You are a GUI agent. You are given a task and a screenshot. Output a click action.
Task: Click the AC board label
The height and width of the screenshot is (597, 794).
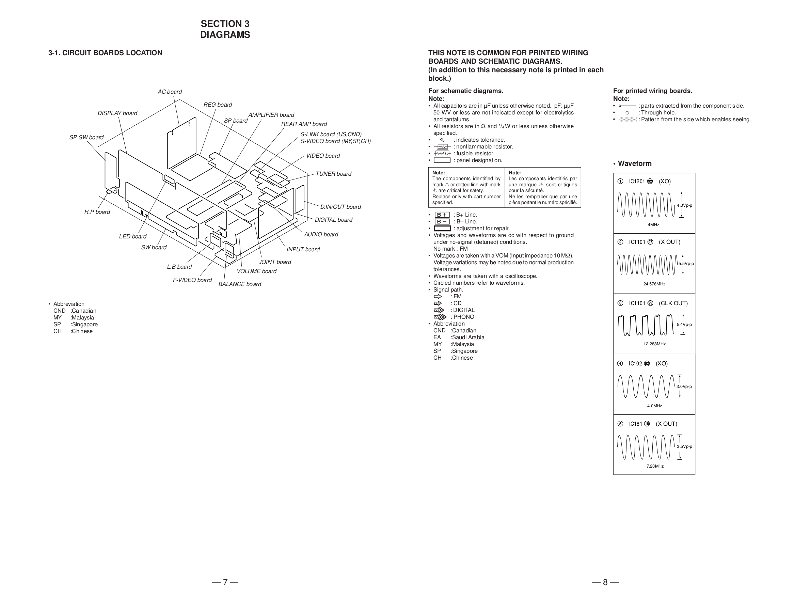(x=170, y=92)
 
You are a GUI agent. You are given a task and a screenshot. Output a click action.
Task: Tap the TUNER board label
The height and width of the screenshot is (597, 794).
(x=333, y=174)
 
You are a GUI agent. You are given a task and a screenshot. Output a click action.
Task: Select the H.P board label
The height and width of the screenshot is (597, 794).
(x=97, y=212)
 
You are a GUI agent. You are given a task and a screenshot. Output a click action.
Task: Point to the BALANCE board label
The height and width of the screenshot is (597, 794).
(x=239, y=284)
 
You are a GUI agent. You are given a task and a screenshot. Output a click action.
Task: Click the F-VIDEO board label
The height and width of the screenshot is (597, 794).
(x=192, y=280)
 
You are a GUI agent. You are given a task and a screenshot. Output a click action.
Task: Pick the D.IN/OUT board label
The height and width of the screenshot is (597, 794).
(x=340, y=207)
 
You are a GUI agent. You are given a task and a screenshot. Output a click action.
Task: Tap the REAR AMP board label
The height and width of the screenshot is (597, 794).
(x=304, y=124)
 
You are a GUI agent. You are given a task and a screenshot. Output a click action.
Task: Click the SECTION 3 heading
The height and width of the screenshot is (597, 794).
(x=225, y=24)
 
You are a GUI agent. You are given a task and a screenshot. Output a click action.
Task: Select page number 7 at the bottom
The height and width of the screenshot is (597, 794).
(x=225, y=582)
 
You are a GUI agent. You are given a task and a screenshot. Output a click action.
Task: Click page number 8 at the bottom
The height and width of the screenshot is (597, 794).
(x=605, y=582)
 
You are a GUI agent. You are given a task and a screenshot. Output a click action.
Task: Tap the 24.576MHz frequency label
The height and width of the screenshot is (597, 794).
(x=654, y=284)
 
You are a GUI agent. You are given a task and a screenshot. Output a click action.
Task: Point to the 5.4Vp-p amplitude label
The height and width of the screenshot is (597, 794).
(x=684, y=325)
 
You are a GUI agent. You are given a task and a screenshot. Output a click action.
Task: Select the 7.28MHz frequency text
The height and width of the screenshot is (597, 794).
(x=655, y=466)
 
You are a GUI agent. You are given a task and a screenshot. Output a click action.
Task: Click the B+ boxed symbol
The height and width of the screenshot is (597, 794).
(x=442, y=215)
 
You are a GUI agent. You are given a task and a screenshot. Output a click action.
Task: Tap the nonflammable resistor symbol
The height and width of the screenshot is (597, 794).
(x=442, y=147)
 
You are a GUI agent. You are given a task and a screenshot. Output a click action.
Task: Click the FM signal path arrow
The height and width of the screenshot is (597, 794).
(x=438, y=297)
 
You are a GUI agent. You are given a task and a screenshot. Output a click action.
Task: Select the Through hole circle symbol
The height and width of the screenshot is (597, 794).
(x=627, y=113)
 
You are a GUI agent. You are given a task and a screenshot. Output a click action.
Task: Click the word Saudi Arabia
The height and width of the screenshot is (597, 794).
(x=468, y=337)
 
